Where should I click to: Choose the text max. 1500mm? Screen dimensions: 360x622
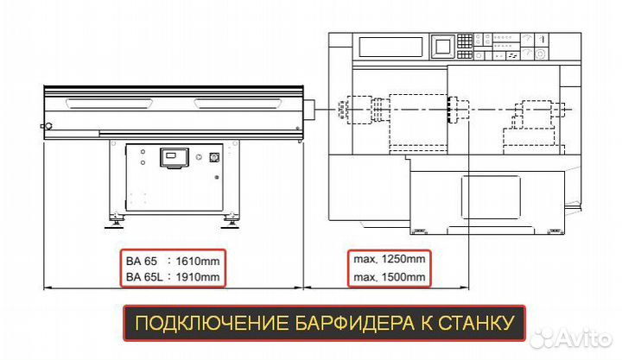tap(389, 277)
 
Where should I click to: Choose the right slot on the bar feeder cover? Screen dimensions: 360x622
tap(238, 104)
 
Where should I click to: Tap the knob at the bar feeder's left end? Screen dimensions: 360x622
tap(49, 127)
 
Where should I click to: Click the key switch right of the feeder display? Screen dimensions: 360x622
tap(213, 158)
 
